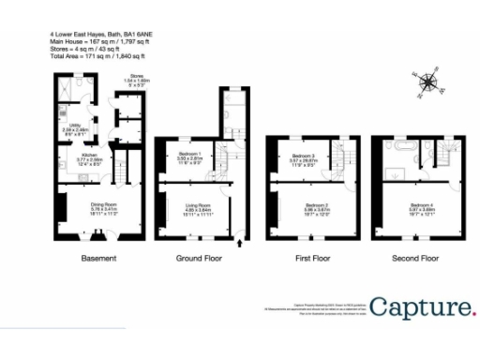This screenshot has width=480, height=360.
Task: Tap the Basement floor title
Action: pyautogui.click(x=97, y=258)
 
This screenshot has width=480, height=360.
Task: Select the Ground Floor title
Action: pyautogui.click(x=199, y=258)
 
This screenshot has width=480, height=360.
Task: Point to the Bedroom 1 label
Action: pyautogui.click(x=190, y=156)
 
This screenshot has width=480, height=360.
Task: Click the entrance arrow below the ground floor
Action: pyautogui.click(x=242, y=246)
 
